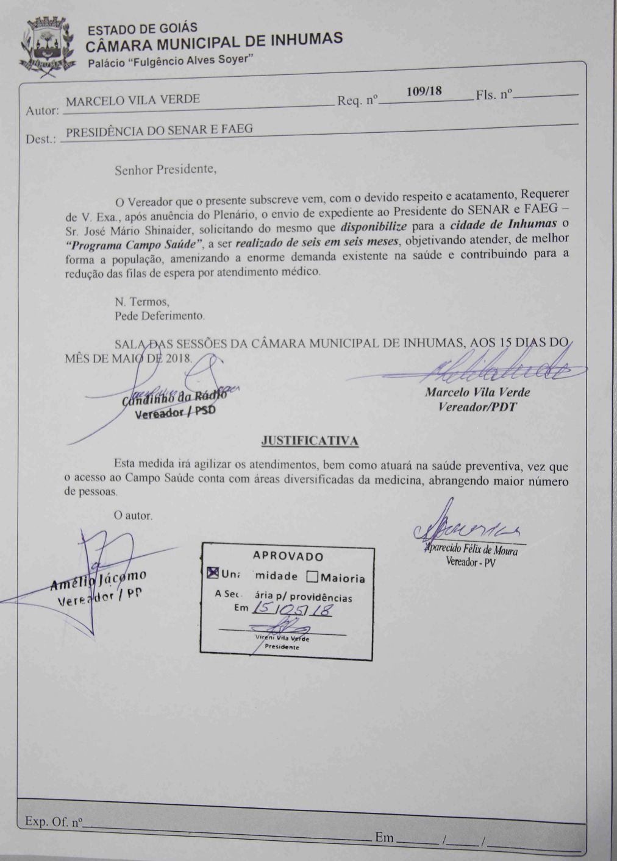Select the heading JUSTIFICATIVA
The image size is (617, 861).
309,440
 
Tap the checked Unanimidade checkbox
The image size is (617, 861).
212,573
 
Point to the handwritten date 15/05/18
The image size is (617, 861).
291,608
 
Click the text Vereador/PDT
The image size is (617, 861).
477,406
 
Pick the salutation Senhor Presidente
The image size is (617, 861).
165,169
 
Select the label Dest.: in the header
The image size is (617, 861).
41,139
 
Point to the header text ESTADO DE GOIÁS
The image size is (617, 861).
143,28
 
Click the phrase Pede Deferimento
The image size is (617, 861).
159,316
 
